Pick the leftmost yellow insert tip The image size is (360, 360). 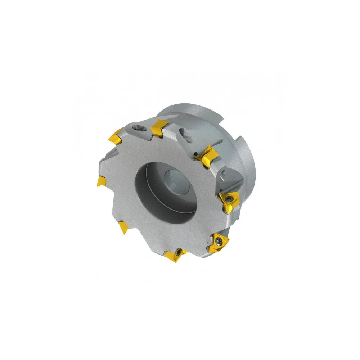tap(101, 181)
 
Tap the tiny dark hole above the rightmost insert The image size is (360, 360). tap(223, 175)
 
